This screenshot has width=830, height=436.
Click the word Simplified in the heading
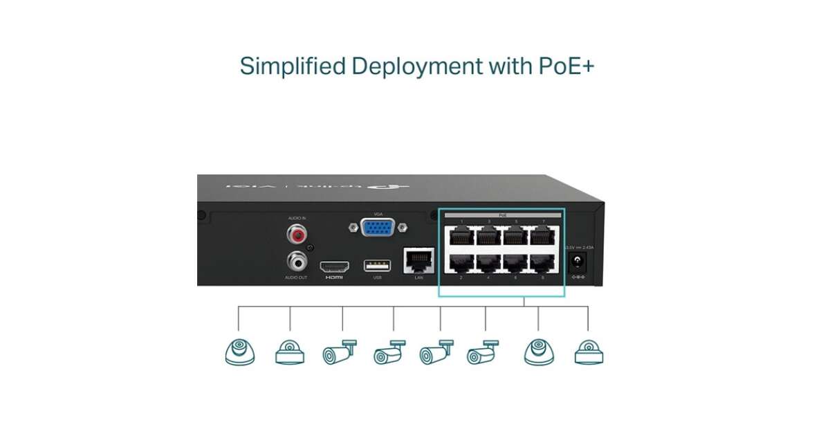tap(292, 66)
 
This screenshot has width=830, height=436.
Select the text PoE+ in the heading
tap(566, 66)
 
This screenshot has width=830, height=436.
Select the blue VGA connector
tap(377, 228)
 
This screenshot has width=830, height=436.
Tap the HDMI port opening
tap(333, 266)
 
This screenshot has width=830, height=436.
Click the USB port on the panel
tap(377, 266)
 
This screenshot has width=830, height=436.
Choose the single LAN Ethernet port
tap(418, 260)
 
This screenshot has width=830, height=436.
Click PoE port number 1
tap(461, 235)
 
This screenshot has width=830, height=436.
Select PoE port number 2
tap(461, 263)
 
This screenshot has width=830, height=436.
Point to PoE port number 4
tap(488, 263)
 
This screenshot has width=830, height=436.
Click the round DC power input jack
tap(577, 262)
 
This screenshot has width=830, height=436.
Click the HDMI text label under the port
tap(333, 278)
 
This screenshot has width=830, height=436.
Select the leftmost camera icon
tap(239, 352)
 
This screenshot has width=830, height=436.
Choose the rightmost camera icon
tap(589, 352)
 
